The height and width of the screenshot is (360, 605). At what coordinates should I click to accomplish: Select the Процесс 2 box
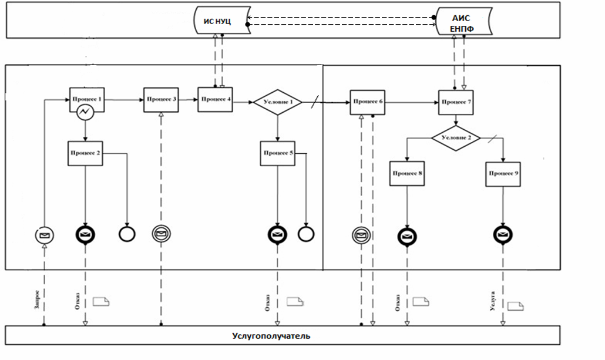86,153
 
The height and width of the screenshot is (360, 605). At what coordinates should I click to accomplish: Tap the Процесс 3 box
162,99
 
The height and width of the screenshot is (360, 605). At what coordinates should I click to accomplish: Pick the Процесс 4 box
215,99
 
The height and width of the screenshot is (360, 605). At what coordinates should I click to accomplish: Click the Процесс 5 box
278,153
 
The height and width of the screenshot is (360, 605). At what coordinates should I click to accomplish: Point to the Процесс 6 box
367,102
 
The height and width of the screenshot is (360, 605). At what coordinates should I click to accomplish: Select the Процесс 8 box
406,174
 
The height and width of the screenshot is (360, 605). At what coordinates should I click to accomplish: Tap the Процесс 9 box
503,174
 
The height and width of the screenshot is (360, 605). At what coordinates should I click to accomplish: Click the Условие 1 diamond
277,102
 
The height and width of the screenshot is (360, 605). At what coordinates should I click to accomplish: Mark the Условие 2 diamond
456,138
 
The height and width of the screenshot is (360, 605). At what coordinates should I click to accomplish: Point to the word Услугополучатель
271,337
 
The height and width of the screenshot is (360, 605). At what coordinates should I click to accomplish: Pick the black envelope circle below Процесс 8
406,236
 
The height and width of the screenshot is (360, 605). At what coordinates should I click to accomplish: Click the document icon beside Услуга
516,306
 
